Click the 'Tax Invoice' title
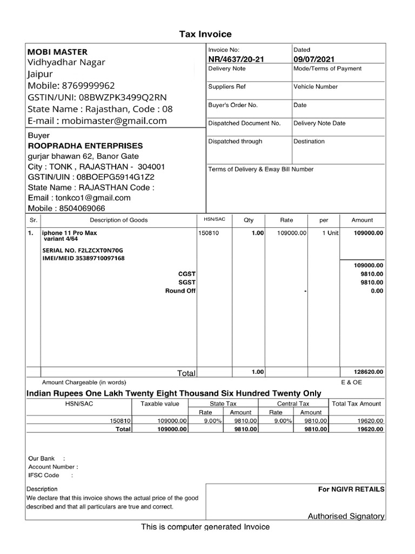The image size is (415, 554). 205,34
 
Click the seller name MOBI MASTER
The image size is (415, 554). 57,52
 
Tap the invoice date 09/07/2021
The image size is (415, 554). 313,59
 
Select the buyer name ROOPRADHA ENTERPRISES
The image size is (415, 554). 85,146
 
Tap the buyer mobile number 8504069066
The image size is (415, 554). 83,208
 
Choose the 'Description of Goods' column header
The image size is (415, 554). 118,220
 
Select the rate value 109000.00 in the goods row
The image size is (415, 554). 292,233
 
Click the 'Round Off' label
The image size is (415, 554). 180,291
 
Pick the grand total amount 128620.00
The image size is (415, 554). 369,372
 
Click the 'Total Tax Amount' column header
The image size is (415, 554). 357,404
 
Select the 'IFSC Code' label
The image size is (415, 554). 44,476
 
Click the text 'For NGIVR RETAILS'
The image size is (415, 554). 351,489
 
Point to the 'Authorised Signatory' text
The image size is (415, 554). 346,516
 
